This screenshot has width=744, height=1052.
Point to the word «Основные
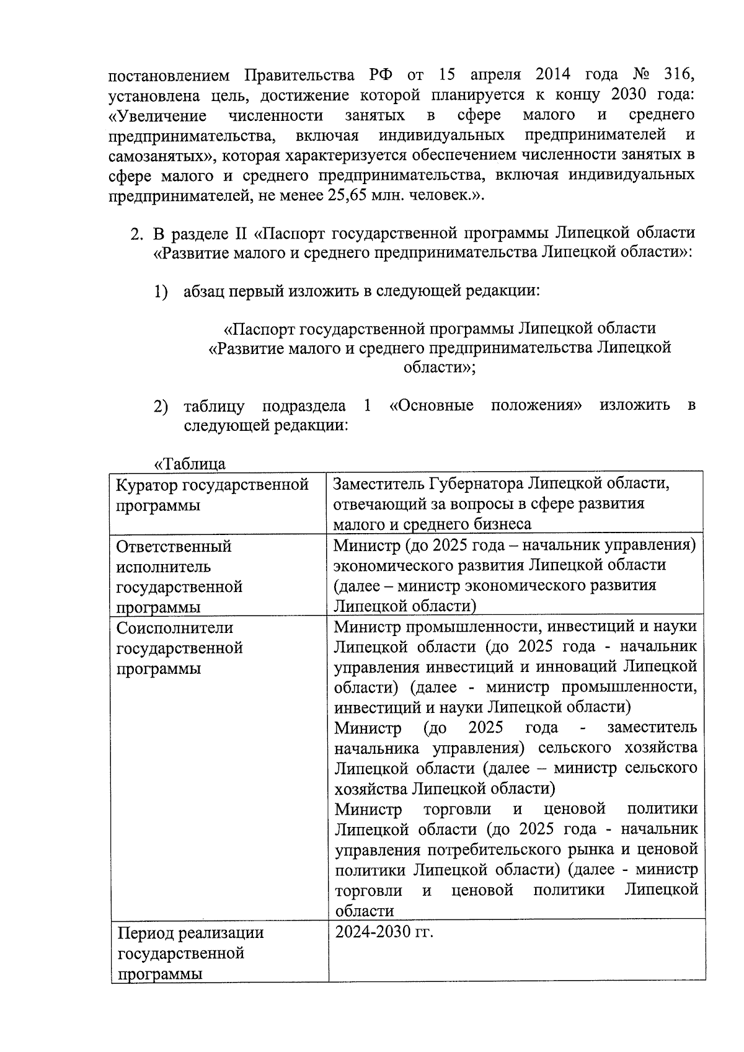[x=432, y=405]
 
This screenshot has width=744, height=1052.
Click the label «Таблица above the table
[x=190, y=464]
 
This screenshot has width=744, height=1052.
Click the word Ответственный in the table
[x=174, y=546]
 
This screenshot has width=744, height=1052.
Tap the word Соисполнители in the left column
[x=175, y=628]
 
